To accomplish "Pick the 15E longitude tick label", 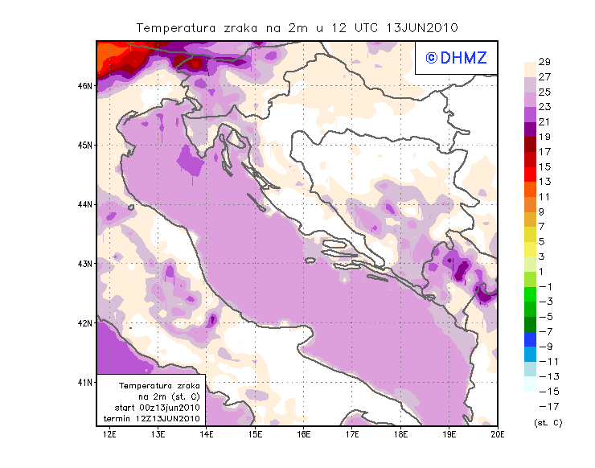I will coord(256,435).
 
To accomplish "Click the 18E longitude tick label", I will coord(400,435).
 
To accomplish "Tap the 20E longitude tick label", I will coord(498,435).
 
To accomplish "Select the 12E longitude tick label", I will coord(110,435).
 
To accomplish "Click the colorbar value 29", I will coord(544,62).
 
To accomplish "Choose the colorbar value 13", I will coord(544,182).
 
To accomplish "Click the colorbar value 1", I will coord(544,272).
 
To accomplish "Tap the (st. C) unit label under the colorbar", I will coord(548,422).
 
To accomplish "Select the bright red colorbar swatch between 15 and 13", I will coord(531,174).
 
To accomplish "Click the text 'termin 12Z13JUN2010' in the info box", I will coord(153,419).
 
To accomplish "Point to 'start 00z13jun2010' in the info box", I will coord(153,408).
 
